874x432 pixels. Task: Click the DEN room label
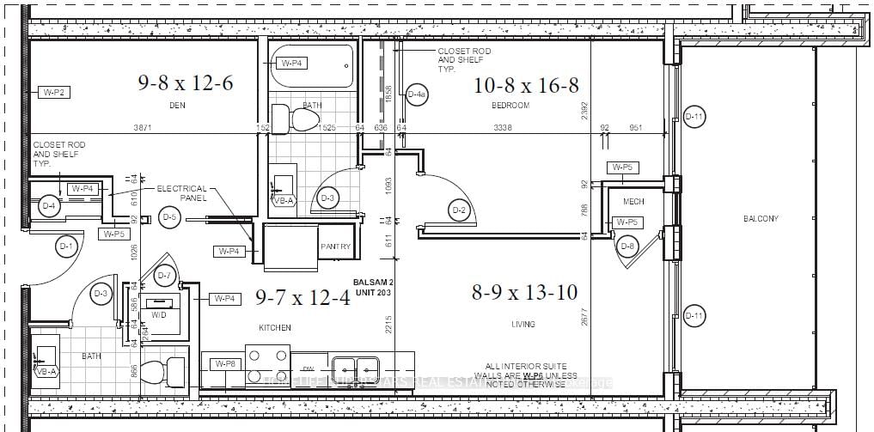179,106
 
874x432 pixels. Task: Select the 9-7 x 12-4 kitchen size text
302,297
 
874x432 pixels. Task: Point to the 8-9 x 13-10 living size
523,292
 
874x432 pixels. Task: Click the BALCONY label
761,219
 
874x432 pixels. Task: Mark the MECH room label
633,202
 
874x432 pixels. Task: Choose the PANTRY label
335,246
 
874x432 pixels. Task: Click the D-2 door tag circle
459,210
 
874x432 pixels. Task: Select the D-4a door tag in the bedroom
417,94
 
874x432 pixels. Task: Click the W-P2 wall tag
55,92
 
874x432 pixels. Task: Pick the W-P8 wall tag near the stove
224,364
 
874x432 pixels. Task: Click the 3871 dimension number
143,128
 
